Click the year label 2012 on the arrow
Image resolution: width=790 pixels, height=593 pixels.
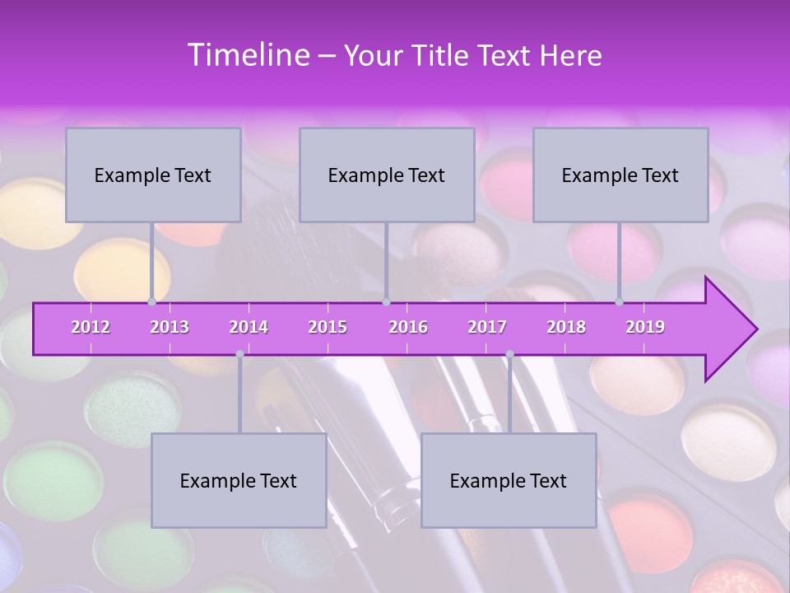pyautogui.click(x=91, y=327)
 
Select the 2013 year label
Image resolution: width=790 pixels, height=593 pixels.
pyautogui.click(x=170, y=327)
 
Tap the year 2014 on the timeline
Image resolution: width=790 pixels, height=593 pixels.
pyautogui.click(x=249, y=327)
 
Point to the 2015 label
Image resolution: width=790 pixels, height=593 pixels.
pyautogui.click(x=328, y=327)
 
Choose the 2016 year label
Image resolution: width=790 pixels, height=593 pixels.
pyautogui.click(x=408, y=327)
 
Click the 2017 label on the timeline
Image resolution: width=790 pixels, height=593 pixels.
pyautogui.click(x=487, y=327)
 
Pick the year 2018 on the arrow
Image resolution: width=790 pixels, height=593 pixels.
pyautogui.click(x=566, y=327)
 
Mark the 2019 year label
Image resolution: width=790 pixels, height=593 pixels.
pyautogui.click(x=645, y=327)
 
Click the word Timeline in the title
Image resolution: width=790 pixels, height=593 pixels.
pyautogui.click(x=247, y=55)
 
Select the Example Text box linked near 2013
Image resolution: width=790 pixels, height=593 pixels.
pyautogui.click(x=153, y=175)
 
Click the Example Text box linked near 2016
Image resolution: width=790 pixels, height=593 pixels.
pyautogui.click(x=387, y=175)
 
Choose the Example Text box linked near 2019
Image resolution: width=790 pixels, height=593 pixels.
pyautogui.click(x=620, y=175)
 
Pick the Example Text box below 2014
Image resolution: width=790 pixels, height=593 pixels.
pyautogui.click(x=239, y=480)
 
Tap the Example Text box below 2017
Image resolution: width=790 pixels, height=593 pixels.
pyautogui.click(x=509, y=480)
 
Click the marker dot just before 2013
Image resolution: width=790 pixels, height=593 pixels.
pyautogui.click(x=151, y=301)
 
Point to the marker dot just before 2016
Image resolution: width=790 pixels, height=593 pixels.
pyautogui.click(x=387, y=301)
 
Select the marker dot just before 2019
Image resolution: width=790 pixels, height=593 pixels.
pyautogui.click(x=620, y=301)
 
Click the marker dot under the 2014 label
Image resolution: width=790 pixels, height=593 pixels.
pyautogui.click(x=239, y=354)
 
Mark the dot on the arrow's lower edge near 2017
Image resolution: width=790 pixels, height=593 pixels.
pyautogui.click(x=509, y=354)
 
